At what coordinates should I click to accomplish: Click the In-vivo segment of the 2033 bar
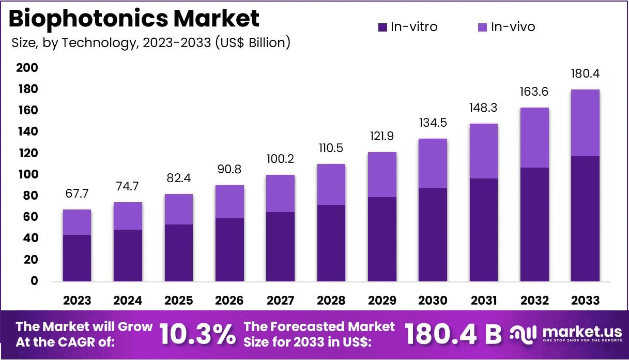(x=586, y=123)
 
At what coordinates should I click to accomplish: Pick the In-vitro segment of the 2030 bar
(x=433, y=235)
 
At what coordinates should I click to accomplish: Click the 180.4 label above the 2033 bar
(x=586, y=74)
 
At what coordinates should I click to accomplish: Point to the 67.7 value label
(x=77, y=194)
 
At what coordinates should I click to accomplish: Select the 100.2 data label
(x=280, y=159)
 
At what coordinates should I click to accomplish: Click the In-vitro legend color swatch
(x=382, y=27)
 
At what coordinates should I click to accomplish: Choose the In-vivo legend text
(x=513, y=27)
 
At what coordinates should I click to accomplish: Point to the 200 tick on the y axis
(x=27, y=68)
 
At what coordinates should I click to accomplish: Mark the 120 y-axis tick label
(x=27, y=153)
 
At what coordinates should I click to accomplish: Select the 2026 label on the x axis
(x=229, y=301)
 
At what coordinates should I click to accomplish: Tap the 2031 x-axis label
(x=484, y=301)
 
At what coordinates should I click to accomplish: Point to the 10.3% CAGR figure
(x=197, y=335)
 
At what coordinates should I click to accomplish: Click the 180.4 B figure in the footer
(x=453, y=335)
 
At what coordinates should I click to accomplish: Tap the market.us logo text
(x=581, y=331)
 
